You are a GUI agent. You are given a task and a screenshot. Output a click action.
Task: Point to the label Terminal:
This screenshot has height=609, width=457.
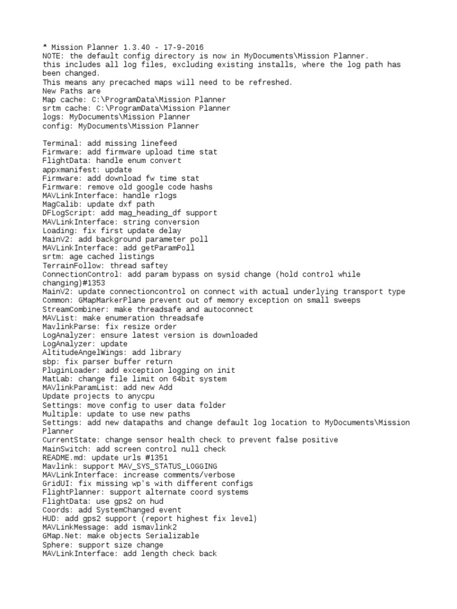point(62,143)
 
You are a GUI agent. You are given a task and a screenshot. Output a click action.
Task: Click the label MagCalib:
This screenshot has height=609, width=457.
point(62,205)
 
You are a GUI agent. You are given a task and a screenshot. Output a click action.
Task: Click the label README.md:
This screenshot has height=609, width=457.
point(65,458)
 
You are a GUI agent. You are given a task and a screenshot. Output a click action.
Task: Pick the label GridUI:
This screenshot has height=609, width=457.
point(58,484)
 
